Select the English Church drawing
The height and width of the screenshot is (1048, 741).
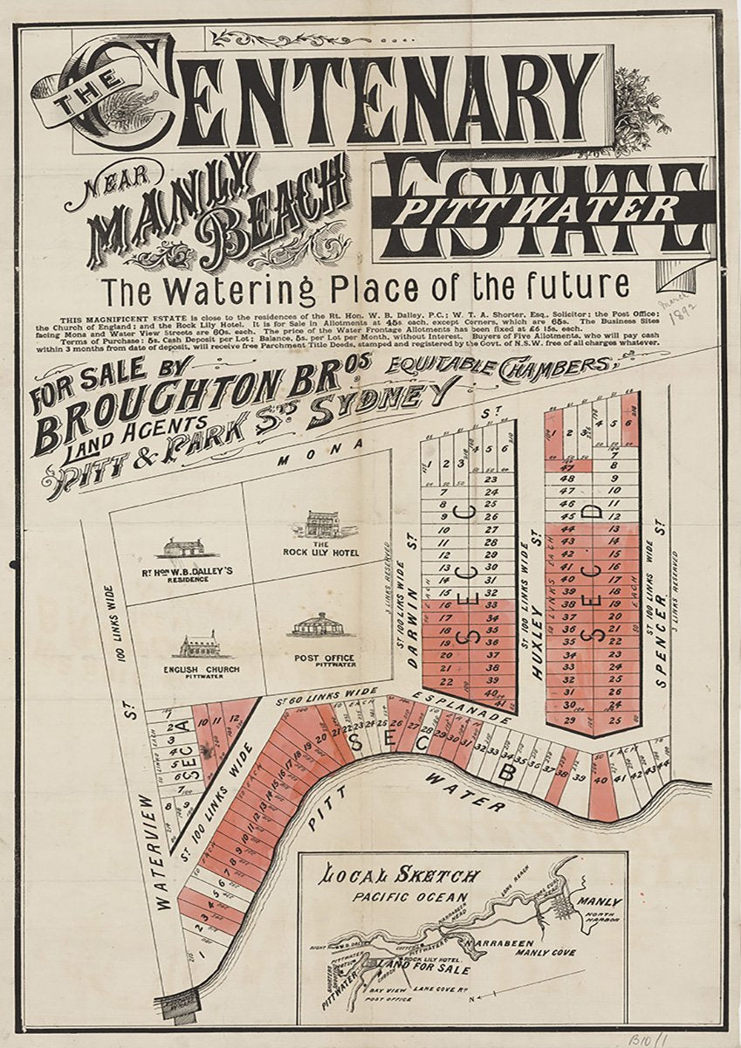click(x=198, y=645)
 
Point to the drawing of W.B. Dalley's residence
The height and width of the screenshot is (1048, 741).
click(x=185, y=548)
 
